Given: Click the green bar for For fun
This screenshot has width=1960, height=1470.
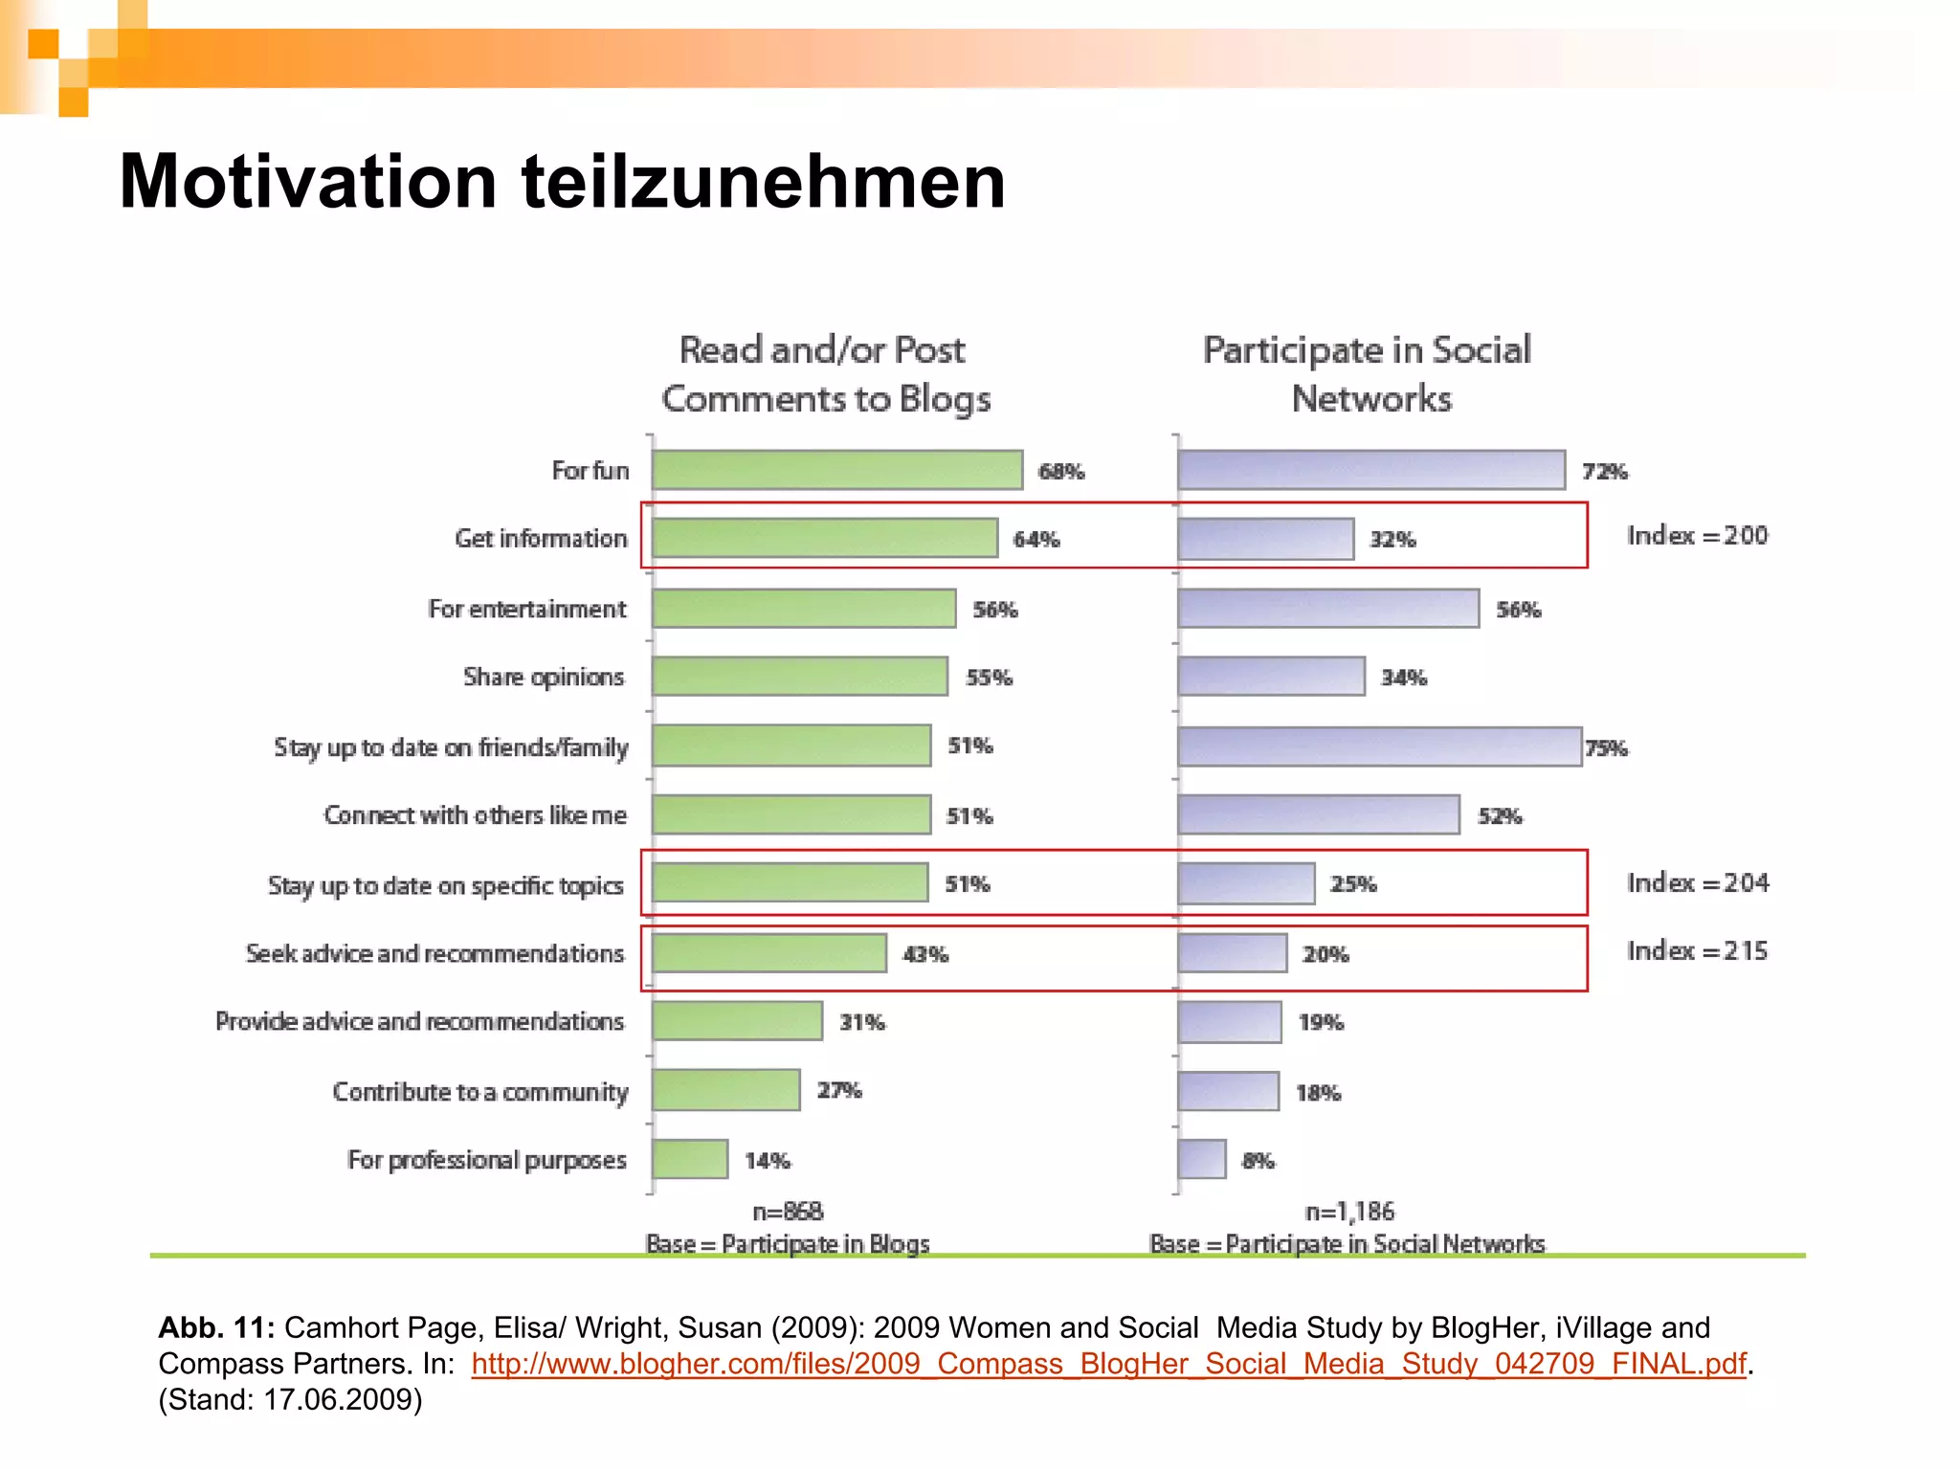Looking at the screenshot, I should click(837, 470).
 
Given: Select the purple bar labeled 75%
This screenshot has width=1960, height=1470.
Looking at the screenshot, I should click(1379, 746).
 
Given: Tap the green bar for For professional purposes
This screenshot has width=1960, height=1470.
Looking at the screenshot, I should click(690, 1159).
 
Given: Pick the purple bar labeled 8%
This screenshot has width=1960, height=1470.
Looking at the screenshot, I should click(1202, 1159).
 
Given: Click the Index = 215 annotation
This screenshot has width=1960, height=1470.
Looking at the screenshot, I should click(1697, 950).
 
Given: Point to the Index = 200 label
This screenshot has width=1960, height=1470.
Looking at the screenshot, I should click(1697, 535).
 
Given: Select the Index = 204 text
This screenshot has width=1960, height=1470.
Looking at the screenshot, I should click(1697, 882).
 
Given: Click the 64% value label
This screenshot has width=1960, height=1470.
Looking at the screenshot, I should click(1036, 540).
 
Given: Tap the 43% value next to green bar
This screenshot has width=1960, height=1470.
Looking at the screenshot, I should click(925, 954).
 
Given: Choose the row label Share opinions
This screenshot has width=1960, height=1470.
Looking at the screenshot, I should click(543, 677).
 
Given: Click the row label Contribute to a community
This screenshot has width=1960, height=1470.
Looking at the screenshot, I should click(479, 1091).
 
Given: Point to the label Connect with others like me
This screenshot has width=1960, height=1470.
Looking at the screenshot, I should click(475, 815).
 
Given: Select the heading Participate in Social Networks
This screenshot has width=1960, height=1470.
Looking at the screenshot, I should click(1369, 373).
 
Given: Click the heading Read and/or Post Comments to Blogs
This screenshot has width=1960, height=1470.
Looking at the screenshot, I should click(825, 373).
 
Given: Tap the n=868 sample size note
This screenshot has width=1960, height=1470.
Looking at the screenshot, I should click(788, 1212).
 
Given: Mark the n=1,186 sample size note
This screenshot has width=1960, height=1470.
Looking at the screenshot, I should click(1349, 1212).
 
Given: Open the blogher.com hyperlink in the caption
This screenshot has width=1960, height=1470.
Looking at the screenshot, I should click(1108, 1363).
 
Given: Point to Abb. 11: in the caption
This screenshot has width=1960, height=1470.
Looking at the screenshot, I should click(216, 1327).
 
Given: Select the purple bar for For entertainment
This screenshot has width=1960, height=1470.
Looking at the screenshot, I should click(1328, 609).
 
